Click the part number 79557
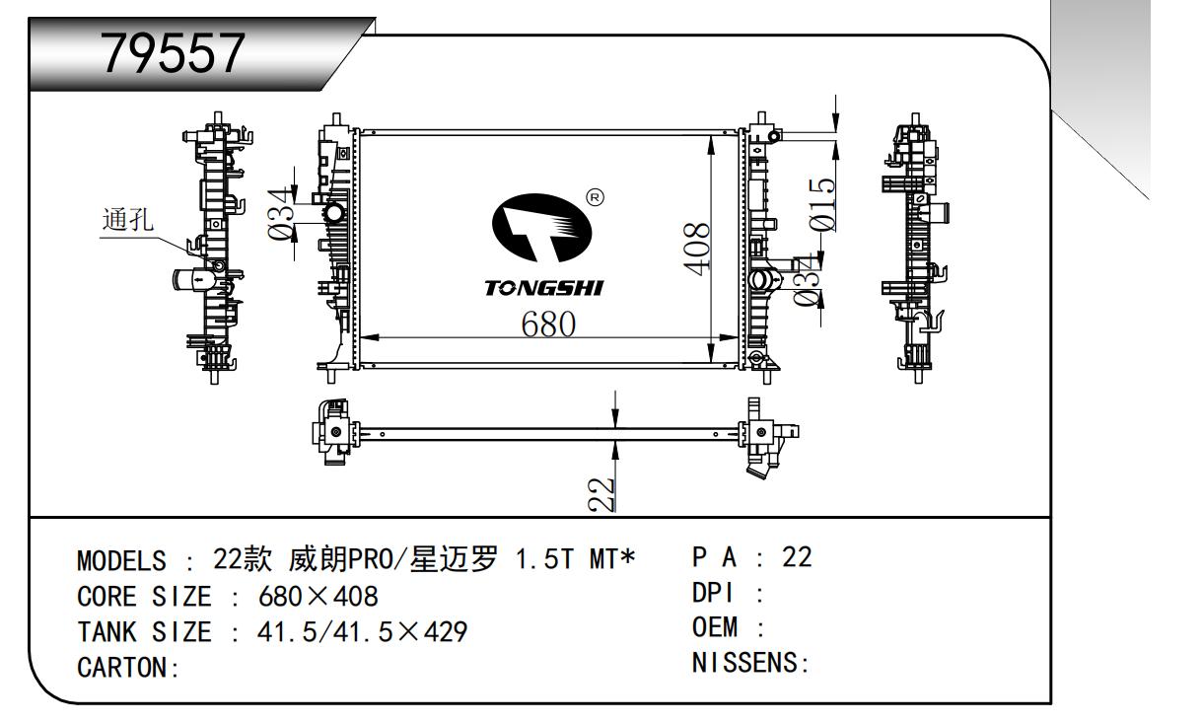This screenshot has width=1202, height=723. point(174,54)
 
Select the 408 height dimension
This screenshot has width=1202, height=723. point(697,249)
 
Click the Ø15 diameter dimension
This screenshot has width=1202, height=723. point(823,203)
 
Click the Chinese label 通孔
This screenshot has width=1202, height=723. point(127,220)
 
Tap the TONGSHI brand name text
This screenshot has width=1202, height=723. point(543,289)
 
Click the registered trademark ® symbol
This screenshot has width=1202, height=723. point(595,198)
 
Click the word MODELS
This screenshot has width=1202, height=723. point(121,561)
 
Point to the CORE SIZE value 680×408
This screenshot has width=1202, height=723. point(318,597)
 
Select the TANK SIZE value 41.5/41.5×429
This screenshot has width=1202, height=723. point(362,631)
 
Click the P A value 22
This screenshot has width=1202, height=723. point(796,557)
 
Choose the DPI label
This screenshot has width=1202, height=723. point(716,594)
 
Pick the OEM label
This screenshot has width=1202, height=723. point(716,628)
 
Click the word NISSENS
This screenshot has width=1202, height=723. point(748,663)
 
